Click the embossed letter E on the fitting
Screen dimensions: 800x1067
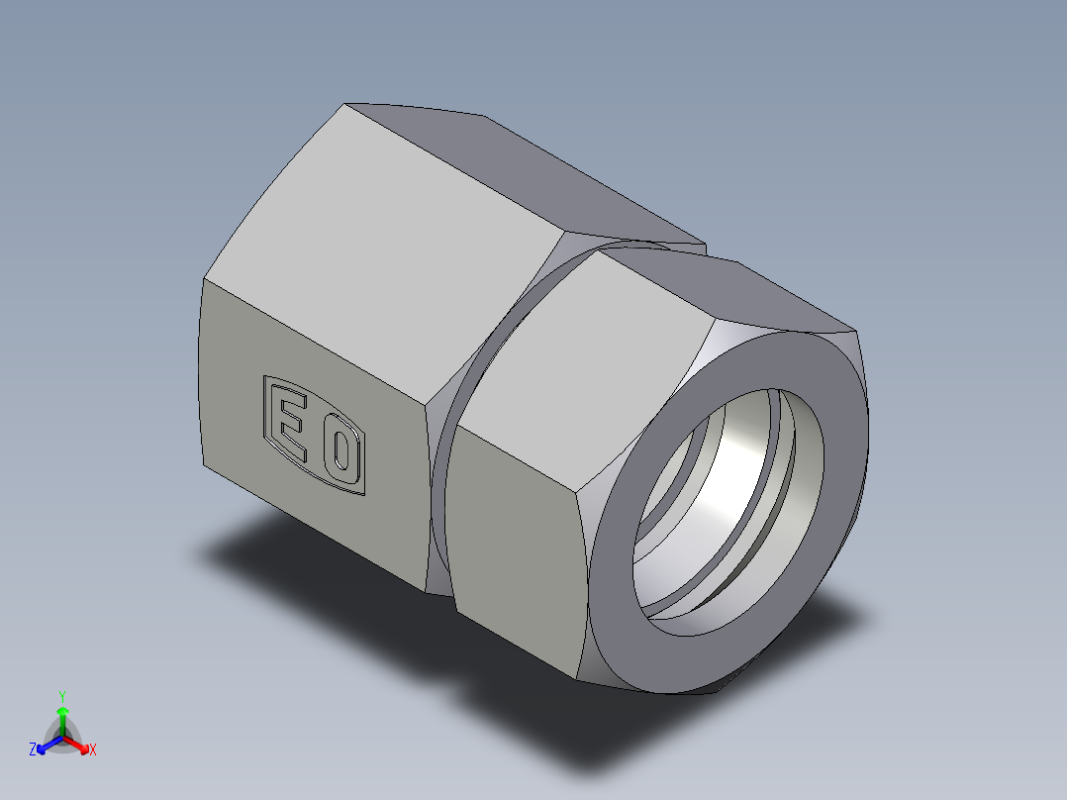(290, 425)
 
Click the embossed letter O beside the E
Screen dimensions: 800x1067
(339, 451)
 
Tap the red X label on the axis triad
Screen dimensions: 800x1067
(93, 750)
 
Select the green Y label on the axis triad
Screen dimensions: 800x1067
(61, 696)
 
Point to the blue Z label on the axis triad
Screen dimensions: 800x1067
(33, 750)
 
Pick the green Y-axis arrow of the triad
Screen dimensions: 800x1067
(62, 718)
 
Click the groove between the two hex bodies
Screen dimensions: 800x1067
(445, 475)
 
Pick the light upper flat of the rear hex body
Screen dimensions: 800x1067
(386, 257)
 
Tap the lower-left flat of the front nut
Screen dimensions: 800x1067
(515, 554)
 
